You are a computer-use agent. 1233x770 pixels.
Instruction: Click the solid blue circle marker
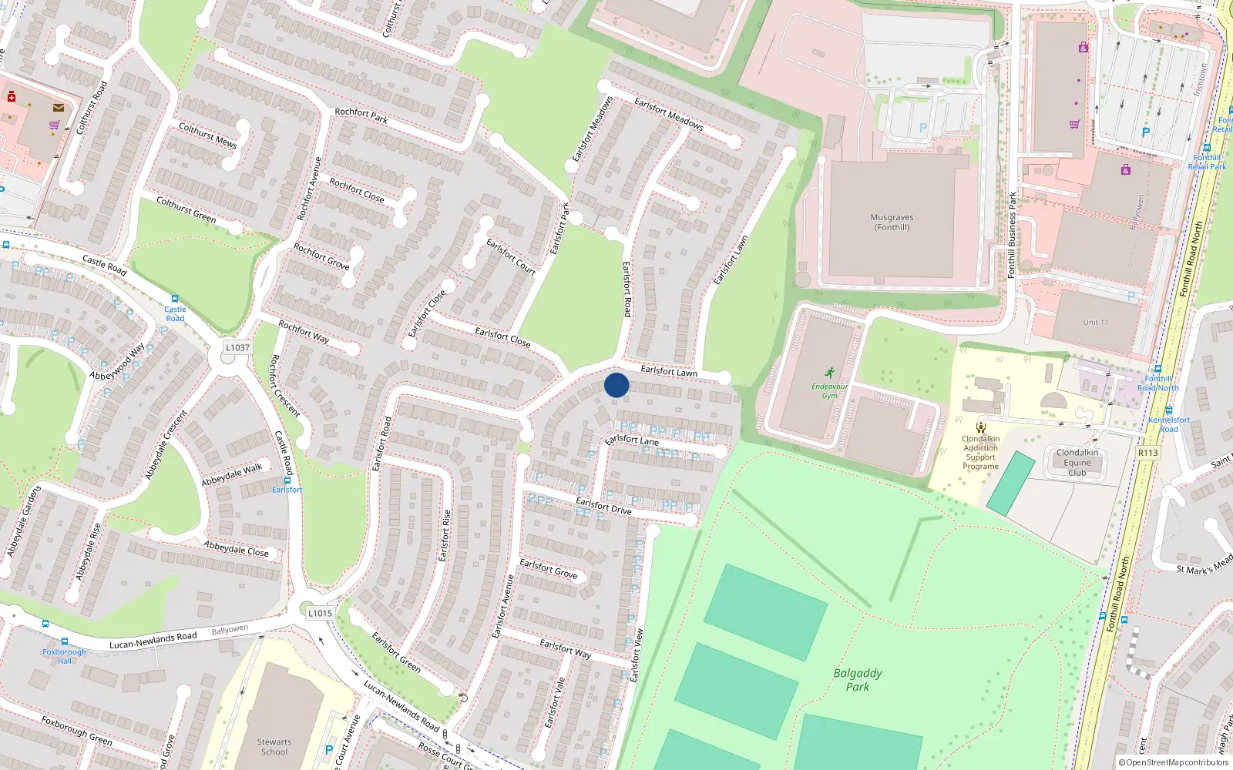point(616,385)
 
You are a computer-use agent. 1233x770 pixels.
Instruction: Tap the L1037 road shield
point(237,347)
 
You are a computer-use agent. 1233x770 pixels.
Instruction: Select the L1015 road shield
point(320,613)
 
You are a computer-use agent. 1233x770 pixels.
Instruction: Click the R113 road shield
point(1147,453)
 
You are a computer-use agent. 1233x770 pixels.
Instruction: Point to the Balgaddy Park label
point(857,680)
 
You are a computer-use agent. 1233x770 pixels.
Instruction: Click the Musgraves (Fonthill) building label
point(892,223)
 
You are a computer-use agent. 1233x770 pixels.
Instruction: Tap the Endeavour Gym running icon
point(829,373)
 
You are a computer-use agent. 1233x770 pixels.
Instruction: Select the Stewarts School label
point(274,747)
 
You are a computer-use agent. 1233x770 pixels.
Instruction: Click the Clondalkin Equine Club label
point(1077,463)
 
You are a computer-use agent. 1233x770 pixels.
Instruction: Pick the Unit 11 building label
point(1095,322)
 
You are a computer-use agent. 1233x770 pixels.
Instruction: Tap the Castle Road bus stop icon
point(175,299)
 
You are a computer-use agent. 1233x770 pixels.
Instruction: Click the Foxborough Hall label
point(65,656)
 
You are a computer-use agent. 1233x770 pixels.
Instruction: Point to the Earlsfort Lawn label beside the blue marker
point(669,371)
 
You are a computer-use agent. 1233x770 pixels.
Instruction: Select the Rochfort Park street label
point(361,115)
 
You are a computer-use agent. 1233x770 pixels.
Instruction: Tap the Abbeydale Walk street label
point(232,474)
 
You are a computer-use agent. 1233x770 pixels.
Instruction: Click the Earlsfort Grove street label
point(548,569)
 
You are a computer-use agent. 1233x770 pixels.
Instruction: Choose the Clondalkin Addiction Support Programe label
point(980,453)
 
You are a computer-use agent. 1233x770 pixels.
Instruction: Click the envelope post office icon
point(59,108)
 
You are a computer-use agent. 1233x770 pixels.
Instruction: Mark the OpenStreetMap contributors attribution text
point(1174,762)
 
